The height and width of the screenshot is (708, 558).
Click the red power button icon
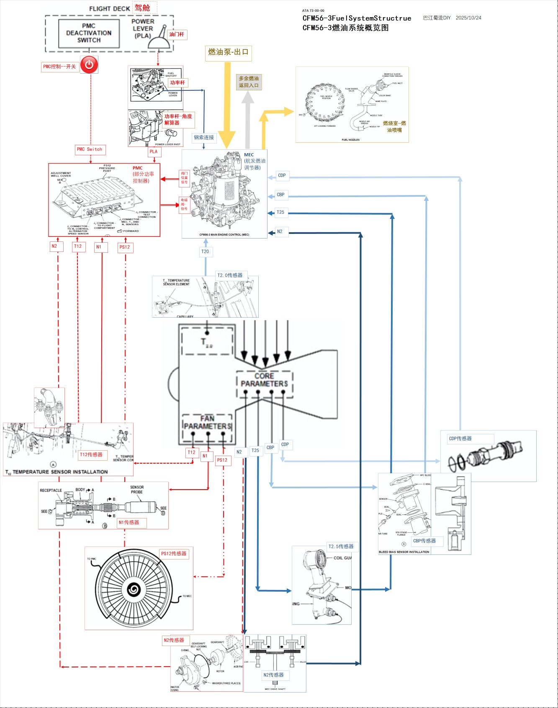[x=89, y=65]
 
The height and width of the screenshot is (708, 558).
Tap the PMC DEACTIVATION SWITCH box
[x=89, y=33]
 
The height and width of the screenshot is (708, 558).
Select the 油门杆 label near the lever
[x=177, y=34]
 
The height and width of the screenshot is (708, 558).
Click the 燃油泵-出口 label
[x=228, y=52]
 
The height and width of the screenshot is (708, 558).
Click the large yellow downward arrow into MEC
[x=227, y=105]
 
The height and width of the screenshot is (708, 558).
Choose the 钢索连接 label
[x=204, y=137]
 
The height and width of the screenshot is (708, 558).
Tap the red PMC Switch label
[x=89, y=149]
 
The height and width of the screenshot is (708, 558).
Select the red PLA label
[x=154, y=151]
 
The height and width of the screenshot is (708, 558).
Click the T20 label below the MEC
[x=205, y=251]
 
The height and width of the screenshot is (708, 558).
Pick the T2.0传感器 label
[x=230, y=275]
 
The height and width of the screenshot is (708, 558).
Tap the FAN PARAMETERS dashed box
[x=208, y=423]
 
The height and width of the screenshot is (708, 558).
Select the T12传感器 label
[x=91, y=454]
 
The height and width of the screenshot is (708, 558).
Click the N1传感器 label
[x=129, y=522]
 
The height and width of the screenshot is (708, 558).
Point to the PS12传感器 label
[x=174, y=554]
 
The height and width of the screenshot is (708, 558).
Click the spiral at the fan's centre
[x=134, y=590]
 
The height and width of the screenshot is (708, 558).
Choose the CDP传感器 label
[x=460, y=439]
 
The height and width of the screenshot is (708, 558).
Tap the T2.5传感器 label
[x=341, y=546]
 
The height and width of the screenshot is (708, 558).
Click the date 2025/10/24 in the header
[x=468, y=18]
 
